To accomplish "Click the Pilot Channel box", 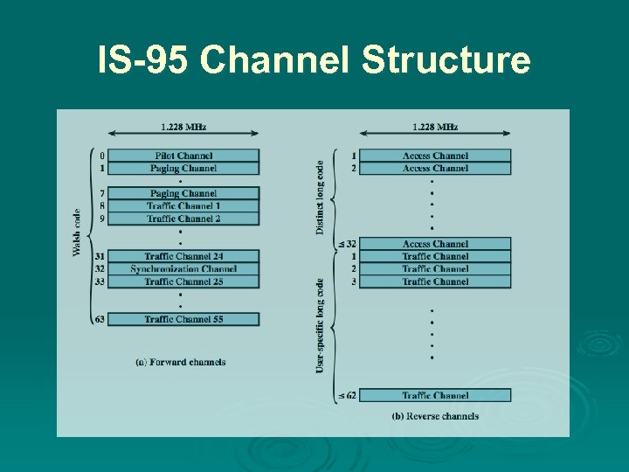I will coord(183,156).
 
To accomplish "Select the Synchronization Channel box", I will coord(183,269).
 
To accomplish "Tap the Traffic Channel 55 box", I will coord(183,319).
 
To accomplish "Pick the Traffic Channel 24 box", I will coord(183,256).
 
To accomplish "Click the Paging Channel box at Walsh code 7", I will coord(183,193).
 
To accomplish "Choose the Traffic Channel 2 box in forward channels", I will coord(183,219).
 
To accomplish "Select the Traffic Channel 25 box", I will coord(183,281).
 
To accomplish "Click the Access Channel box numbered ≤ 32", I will coord(435,244).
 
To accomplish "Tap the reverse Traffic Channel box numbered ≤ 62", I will coord(435,395).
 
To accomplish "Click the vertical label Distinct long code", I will coord(320,197).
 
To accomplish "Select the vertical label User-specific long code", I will coord(320,326).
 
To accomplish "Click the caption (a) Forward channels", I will coord(181,362).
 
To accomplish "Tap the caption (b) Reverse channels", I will coord(435,416).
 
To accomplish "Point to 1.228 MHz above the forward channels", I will coord(183,127).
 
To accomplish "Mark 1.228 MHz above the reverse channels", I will coord(435,127).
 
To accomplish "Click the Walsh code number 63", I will coord(100,319).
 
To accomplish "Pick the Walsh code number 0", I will coord(102,156).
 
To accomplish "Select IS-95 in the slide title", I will coord(144,61).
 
